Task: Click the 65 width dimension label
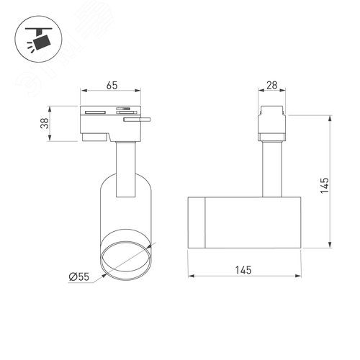[112, 84]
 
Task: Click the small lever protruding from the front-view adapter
[138, 121]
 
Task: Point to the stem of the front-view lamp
[125, 168]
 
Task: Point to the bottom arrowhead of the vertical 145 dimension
[330, 247]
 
